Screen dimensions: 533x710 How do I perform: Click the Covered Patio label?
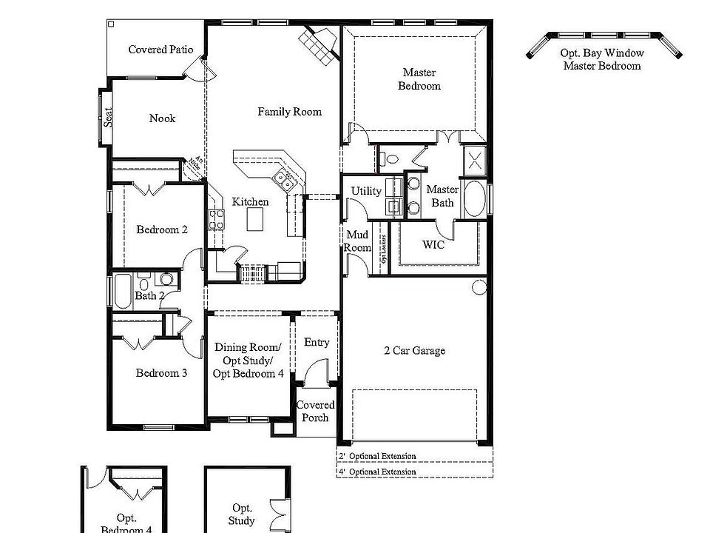pos(160,50)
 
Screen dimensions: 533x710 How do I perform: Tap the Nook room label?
pos(162,118)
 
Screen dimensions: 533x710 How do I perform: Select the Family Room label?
pos(289,112)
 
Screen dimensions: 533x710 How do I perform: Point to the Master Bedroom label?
pos(419,79)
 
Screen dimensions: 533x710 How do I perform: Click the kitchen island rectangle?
pos(256,219)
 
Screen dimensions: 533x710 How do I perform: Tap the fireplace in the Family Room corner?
pos(317,46)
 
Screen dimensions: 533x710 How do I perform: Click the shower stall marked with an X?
pos(474,160)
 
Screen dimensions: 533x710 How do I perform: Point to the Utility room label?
pos(366,191)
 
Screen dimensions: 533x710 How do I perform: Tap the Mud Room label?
pos(358,241)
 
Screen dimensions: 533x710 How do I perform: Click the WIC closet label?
pos(433,245)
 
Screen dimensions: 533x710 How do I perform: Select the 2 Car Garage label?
pos(414,351)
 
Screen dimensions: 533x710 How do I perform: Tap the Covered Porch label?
pos(315,412)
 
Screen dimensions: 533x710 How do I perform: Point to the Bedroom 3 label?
pos(161,373)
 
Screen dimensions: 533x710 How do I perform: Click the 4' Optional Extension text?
pos(377,472)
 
